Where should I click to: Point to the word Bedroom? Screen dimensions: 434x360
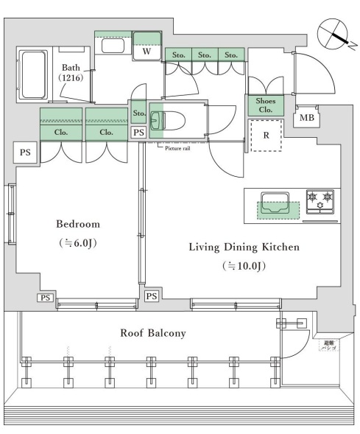point(77,223)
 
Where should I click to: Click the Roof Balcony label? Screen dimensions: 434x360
point(153,333)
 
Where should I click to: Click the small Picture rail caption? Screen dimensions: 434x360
point(177,147)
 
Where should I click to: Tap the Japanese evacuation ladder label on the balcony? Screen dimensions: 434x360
point(326,345)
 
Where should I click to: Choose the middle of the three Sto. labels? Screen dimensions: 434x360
point(204,55)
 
